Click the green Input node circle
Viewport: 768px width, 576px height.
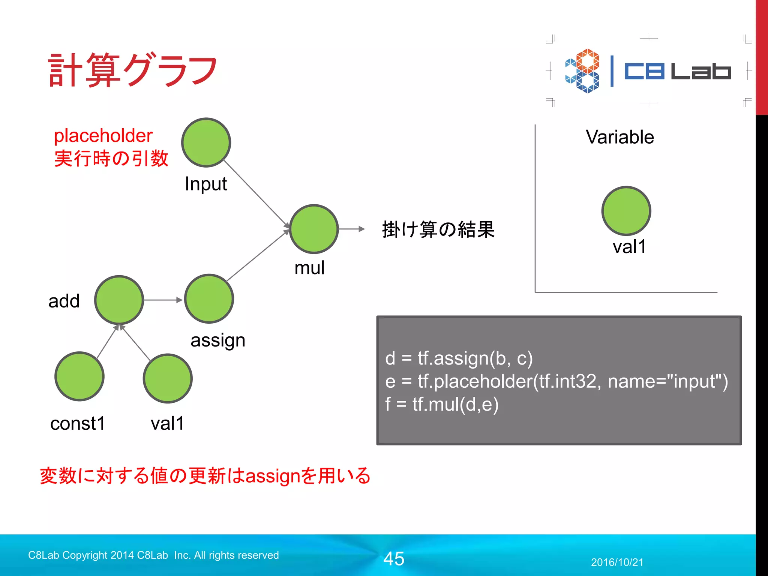[206, 142]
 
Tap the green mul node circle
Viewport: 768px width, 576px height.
[314, 229]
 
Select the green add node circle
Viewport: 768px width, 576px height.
[119, 300]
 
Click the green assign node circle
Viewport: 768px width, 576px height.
[209, 299]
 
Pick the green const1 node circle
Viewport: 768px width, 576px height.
[79, 376]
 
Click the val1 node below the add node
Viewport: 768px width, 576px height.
[168, 378]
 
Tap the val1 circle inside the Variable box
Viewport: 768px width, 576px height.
[626, 211]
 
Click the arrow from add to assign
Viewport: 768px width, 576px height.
[162, 300]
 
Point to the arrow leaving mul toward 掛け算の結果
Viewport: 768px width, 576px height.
[351, 229]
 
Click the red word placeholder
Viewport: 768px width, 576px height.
[103, 135]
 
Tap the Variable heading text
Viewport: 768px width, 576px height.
[620, 137]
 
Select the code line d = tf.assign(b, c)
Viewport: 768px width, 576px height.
[459, 358]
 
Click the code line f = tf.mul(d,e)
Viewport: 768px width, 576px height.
[442, 404]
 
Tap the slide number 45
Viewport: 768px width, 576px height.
[394, 559]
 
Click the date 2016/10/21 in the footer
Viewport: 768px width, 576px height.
[617, 562]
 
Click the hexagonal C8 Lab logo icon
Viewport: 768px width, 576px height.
[582, 71]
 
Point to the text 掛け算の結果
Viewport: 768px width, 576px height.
[438, 229]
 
